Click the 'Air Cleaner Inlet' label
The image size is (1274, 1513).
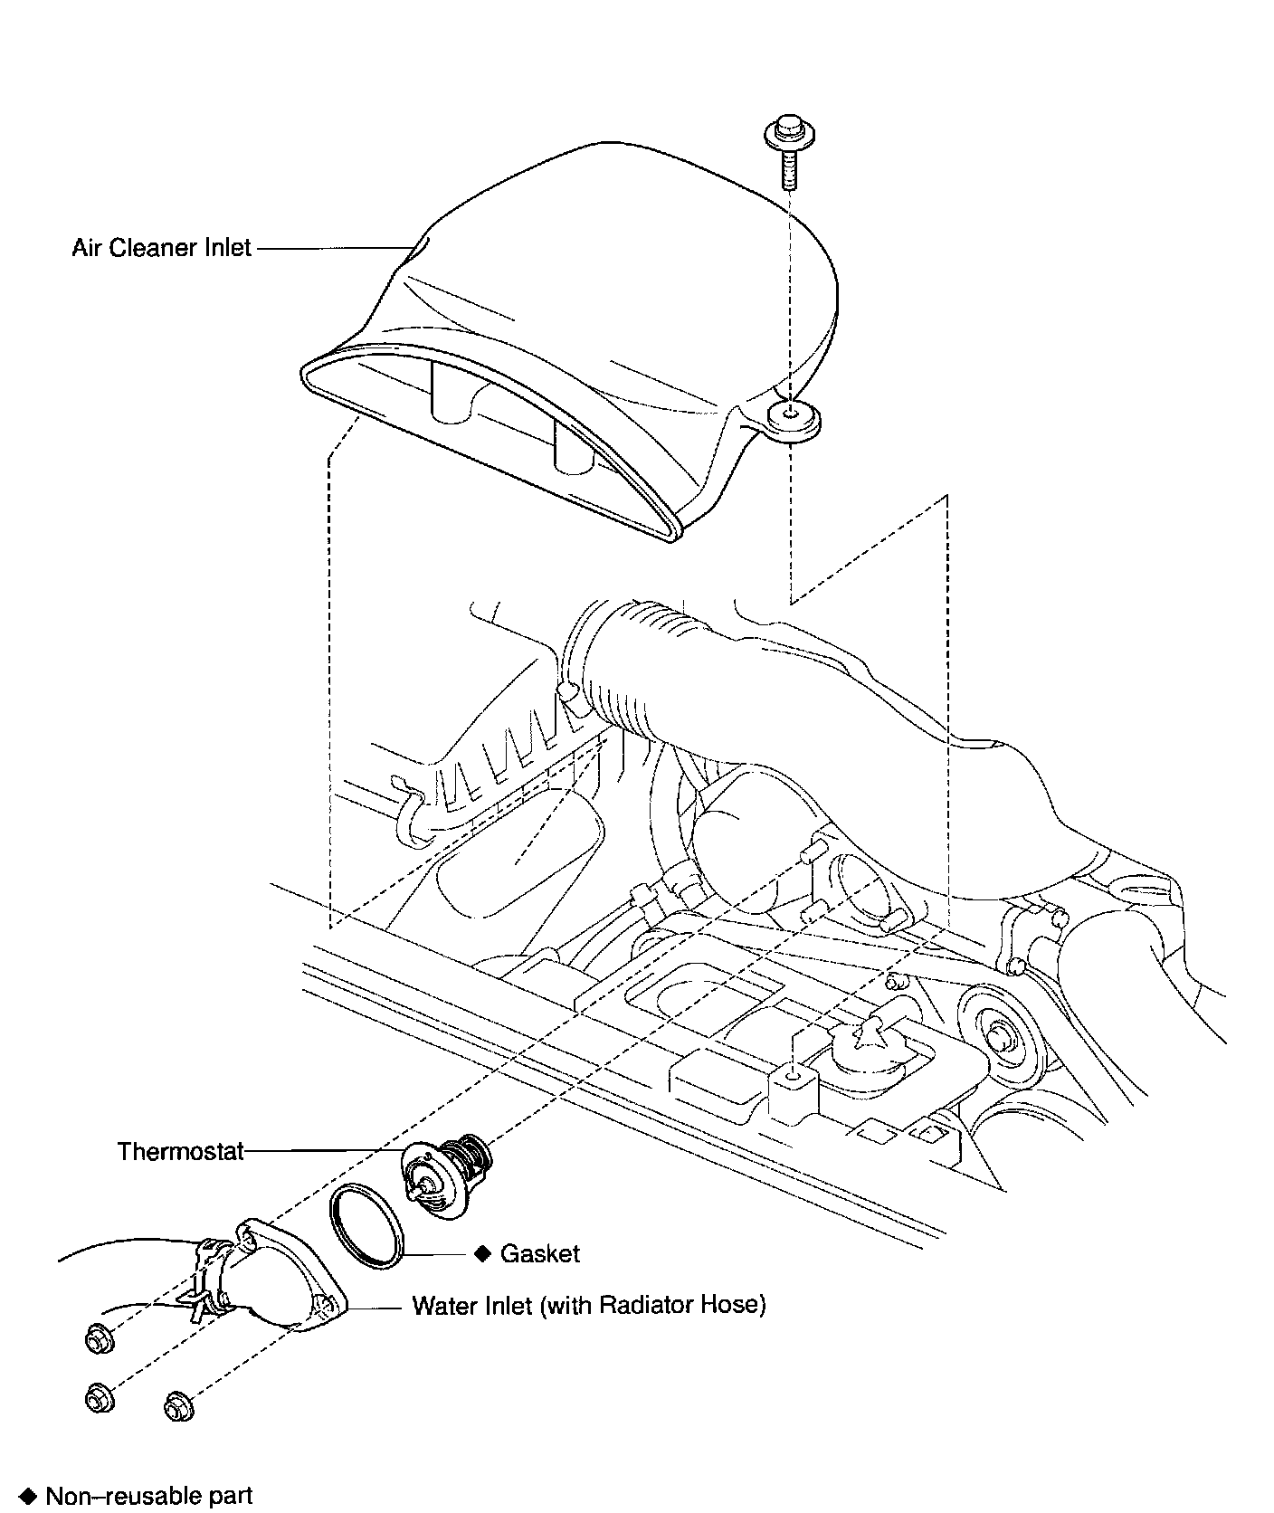[x=161, y=247]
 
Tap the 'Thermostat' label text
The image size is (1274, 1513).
[x=181, y=1151]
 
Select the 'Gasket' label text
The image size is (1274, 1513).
[x=539, y=1253]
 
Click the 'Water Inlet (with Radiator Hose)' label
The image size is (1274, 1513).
[x=588, y=1306]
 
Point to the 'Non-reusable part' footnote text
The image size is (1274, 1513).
[x=148, y=1496]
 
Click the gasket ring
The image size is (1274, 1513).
[x=366, y=1227]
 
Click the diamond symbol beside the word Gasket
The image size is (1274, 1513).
[x=482, y=1253]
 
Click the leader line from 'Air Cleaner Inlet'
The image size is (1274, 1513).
[x=335, y=247]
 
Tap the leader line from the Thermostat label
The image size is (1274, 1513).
[x=326, y=1151]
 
